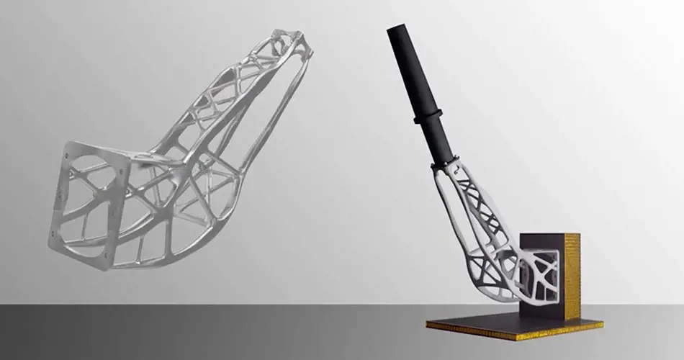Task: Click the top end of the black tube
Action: (397, 30)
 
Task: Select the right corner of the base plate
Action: (603, 323)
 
